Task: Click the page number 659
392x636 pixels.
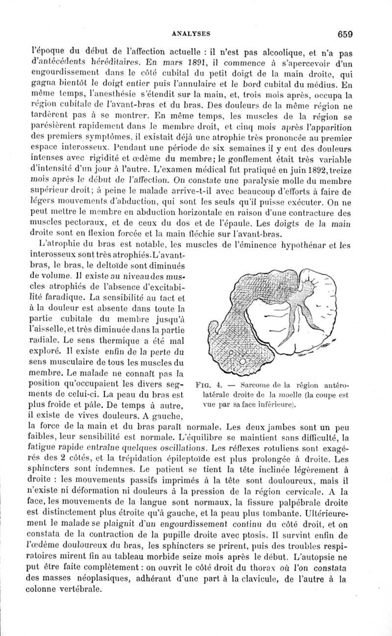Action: click(345, 34)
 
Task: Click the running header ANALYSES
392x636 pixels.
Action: click(191, 33)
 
